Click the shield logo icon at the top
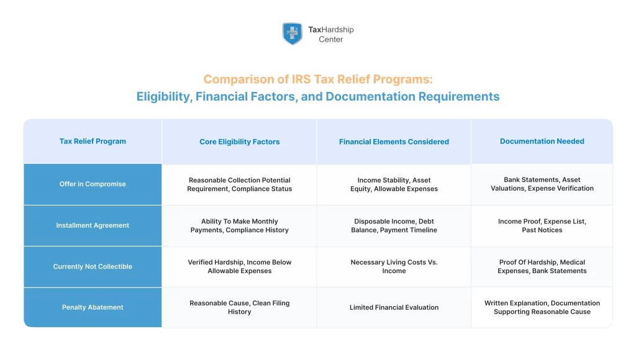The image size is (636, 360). pyautogui.click(x=292, y=34)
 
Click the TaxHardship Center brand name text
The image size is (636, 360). pyautogui.click(x=331, y=34)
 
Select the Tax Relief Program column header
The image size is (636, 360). pyautogui.click(x=93, y=142)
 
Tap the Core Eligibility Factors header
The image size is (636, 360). pyautogui.click(x=239, y=142)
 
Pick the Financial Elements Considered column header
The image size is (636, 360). pyautogui.click(x=394, y=142)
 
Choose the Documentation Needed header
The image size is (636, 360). pyautogui.click(x=542, y=142)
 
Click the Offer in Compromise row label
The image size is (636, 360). pyautogui.click(x=93, y=184)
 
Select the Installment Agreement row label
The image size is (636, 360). pyautogui.click(x=93, y=225)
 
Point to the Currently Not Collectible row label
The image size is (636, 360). pyautogui.click(x=93, y=266)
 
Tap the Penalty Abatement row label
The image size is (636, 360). pyautogui.click(x=93, y=307)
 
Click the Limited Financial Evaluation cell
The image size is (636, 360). pyautogui.click(x=394, y=307)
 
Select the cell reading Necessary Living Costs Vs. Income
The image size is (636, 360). pyautogui.click(x=394, y=266)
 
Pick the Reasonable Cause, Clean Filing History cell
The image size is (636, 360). pyautogui.click(x=239, y=307)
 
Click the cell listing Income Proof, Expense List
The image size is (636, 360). pyautogui.click(x=542, y=225)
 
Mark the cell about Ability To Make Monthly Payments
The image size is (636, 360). pyautogui.click(x=239, y=225)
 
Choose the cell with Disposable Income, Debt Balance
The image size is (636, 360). pyautogui.click(x=394, y=225)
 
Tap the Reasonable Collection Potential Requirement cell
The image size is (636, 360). pyautogui.click(x=239, y=184)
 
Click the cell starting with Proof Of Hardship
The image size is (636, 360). pyautogui.click(x=542, y=266)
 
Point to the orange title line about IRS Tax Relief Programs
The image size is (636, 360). pyautogui.click(x=318, y=79)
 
